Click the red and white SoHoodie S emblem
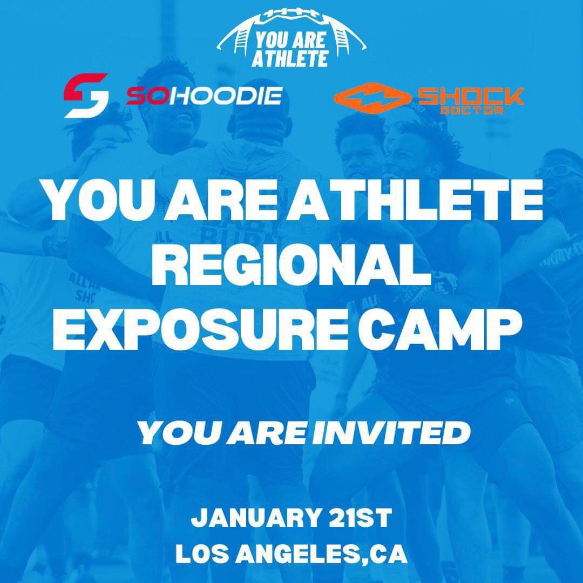coord(86,96)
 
